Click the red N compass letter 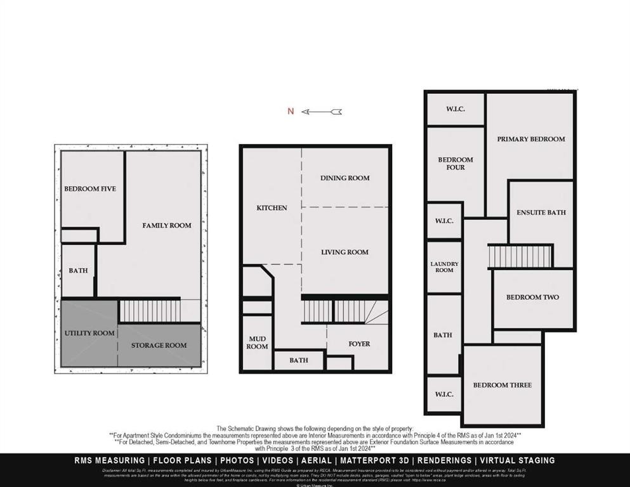pyautogui.click(x=291, y=112)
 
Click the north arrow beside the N pyautogui.click(x=322, y=112)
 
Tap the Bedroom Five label pyautogui.click(x=90, y=189)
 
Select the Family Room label pyautogui.click(x=167, y=226)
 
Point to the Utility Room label pyautogui.click(x=89, y=333)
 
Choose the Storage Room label pyautogui.click(x=159, y=346)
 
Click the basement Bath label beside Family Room pyautogui.click(x=78, y=271)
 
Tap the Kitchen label pyautogui.click(x=272, y=208)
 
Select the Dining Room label pyautogui.click(x=345, y=178)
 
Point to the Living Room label pyautogui.click(x=345, y=252)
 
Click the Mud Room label pyautogui.click(x=257, y=343)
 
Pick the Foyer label pyautogui.click(x=359, y=344)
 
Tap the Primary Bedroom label pyautogui.click(x=530, y=140)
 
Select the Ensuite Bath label pyautogui.click(x=541, y=212)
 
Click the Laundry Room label pyautogui.click(x=444, y=267)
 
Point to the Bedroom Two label pyautogui.click(x=532, y=297)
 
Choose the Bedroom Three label pyautogui.click(x=502, y=386)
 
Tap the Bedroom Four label pyautogui.click(x=456, y=164)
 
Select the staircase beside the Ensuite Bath pyautogui.click(x=520, y=256)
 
